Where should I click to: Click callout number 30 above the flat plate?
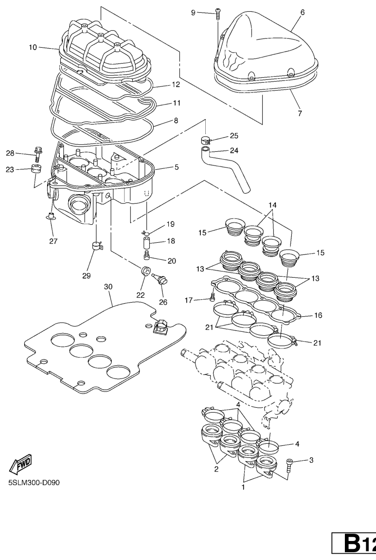pyautogui.click(x=108, y=288)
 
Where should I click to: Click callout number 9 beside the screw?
pyautogui.click(x=193, y=12)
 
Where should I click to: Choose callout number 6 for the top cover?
pyautogui.click(x=303, y=12)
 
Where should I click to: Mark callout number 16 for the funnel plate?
pyautogui.click(x=319, y=315)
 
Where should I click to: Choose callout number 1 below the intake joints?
pyautogui.click(x=244, y=486)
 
